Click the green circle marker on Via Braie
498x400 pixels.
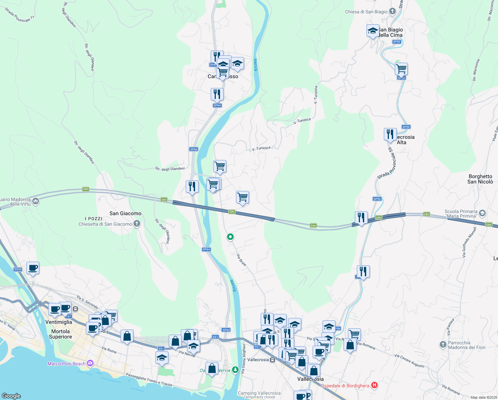[x=230, y=237]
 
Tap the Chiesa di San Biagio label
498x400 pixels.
[x=366, y=12]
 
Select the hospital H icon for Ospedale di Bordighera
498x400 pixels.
[x=374, y=385]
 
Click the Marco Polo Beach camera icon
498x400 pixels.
[x=90, y=363]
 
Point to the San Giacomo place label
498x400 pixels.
[x=125, y=213]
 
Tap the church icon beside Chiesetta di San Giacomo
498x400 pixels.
[x=137, y=224]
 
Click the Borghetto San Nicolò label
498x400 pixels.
[x=480, y=179]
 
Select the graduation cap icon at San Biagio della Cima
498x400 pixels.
[x=373, y=31]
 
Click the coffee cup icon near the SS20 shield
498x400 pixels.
[x=33, y=268]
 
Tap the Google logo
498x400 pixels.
[x=11, y=396]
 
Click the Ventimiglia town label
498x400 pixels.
[x=59, y=322]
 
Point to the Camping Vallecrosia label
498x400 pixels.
[x=259, y=393]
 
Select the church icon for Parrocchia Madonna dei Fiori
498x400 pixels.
[x=443, y=345]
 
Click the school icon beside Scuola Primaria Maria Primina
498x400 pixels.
[x=482, y=213]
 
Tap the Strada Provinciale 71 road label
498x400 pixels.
[x=20, y=15]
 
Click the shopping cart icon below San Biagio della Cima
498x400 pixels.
[x=401, y=69]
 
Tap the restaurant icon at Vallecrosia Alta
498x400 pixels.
[x=390, y=134]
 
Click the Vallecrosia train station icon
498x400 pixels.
[x=273, y=360]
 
